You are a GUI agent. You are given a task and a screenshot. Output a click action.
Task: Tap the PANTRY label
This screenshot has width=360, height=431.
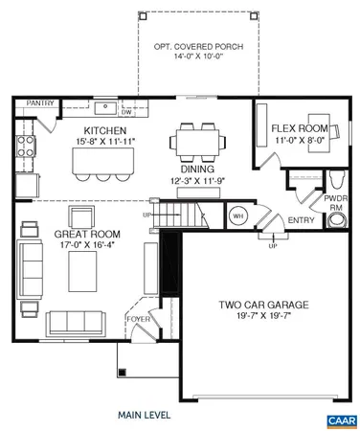(40, 102)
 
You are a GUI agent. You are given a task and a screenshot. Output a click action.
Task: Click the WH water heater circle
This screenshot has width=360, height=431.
(238, 216)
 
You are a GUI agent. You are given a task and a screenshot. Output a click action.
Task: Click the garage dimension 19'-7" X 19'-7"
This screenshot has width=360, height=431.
(260, 318)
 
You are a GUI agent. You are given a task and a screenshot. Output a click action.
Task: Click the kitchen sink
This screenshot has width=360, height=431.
(105, 105)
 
